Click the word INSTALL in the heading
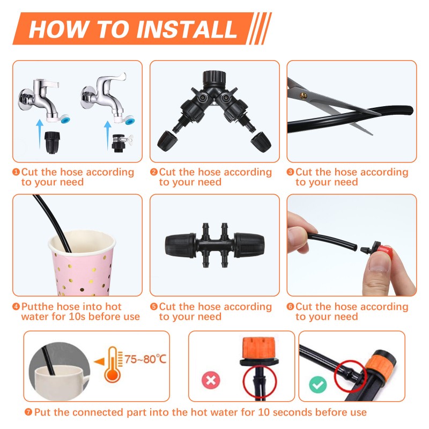pos(187,29)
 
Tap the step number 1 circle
pos(16,172)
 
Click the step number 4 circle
pos(16,306)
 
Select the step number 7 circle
pos(28,412)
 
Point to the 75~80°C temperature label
pos(145,359)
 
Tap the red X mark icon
pos(211,380)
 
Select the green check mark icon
pos(318,384)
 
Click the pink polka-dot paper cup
pos(82,263)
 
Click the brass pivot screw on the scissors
pos(303,95)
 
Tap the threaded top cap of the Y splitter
pos(214,77)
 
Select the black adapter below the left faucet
pos(52,142)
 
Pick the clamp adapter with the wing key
pos(122,143)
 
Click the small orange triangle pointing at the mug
pos(99,361)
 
